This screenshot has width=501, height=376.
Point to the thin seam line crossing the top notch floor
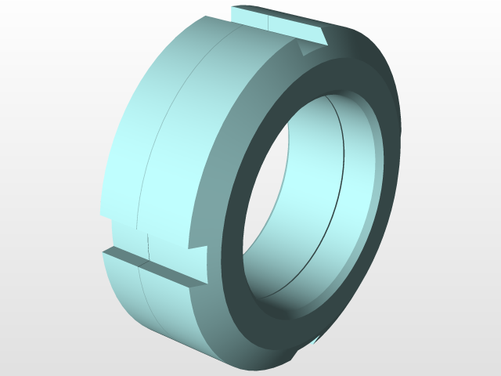(269, 20)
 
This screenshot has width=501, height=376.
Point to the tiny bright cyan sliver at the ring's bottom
(316, 341)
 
